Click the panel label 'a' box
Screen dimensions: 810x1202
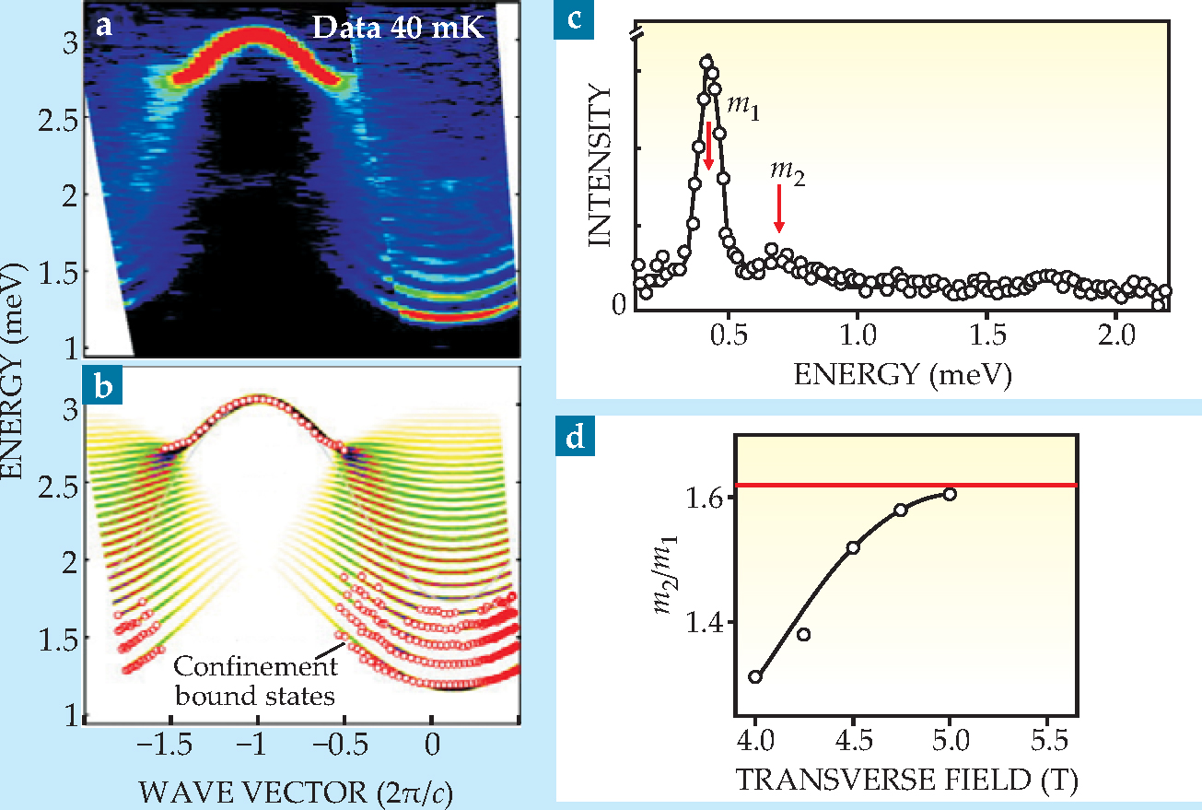(104, 26)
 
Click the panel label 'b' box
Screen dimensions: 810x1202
(104, 386)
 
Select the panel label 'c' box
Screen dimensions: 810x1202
(573, 18)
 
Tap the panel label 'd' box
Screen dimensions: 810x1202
(573, 437)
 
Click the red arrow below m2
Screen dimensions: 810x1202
(779, 209)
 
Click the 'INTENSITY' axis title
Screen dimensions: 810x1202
(601, 166)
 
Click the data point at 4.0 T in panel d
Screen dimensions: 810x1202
(755, 676)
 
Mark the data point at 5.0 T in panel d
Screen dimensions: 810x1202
(951, 494)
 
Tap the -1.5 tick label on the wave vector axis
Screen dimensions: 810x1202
(169, 741)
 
